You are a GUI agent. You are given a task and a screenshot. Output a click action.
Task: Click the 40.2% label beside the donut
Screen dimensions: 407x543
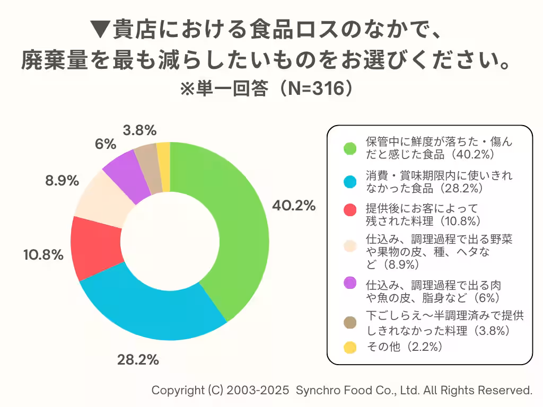(294, 206)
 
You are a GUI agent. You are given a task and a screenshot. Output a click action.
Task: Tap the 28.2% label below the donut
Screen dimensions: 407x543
(138, 360)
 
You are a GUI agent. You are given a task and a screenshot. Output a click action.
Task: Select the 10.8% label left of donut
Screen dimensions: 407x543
(43, 255)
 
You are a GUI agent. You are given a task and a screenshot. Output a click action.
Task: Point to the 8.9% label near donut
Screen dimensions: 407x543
(62, 181)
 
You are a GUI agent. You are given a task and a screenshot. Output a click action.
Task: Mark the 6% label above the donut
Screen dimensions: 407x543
(106, 144)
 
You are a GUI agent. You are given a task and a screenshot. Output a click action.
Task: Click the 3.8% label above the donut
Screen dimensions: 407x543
(139, 130)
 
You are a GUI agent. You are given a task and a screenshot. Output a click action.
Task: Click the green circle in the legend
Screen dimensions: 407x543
(349, 148)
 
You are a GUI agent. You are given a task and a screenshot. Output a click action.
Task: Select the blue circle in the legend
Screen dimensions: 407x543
(349, 182)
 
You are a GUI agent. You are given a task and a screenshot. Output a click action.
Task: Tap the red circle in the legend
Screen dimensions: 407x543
(349, 210)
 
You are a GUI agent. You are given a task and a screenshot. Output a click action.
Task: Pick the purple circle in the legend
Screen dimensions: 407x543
(349, 284)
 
